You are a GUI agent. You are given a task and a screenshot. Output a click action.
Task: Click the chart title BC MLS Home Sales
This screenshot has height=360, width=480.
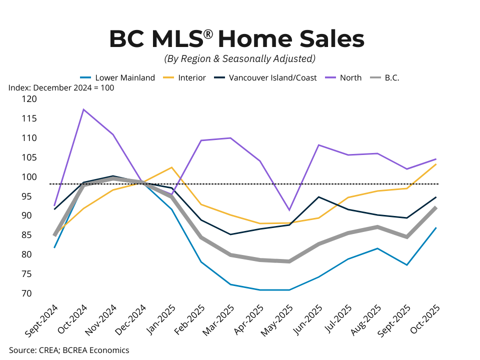(x=236, y=39)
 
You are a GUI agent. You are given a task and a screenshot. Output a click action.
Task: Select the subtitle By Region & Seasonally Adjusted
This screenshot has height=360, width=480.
(x=240, y=59)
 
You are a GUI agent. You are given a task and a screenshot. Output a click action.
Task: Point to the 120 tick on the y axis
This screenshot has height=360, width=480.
(x=30, y=99)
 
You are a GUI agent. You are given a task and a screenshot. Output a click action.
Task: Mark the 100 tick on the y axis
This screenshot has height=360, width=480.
(x=30, y=177)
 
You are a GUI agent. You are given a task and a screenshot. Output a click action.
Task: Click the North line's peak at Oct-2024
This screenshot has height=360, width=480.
(x=84, y=109)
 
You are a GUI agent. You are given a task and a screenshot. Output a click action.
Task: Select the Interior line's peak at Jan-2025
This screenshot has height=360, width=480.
(x=172, y=167)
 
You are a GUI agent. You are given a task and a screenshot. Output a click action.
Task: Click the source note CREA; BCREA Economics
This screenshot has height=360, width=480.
(x=69, y=350)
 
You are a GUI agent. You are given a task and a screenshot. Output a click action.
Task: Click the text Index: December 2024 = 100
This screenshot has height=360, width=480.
(x=61, y=88)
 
